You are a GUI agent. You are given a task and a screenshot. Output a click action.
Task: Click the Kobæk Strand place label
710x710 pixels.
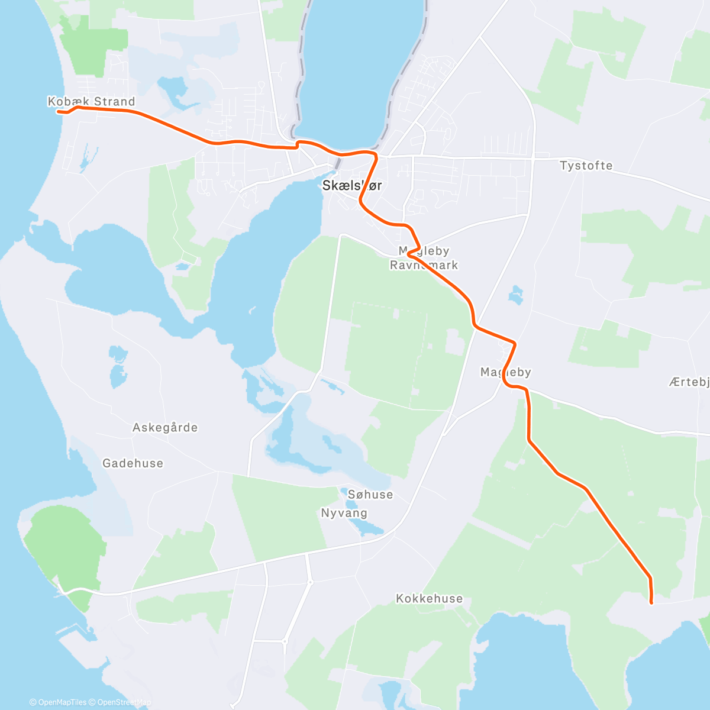(91, 102)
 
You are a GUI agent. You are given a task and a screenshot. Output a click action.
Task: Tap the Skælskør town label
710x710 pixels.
(351, 186)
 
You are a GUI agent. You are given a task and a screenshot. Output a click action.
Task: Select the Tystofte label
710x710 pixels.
(586, 166)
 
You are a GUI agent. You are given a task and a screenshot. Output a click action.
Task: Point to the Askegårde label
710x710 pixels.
(164, 428)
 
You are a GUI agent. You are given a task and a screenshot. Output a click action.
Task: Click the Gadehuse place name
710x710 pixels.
(133, 463)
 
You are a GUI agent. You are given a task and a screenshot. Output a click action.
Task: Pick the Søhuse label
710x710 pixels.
(370, 495)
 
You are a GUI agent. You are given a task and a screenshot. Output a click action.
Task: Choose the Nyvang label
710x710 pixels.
(344, 513)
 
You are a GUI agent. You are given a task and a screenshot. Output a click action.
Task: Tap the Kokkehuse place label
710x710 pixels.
(429, 599)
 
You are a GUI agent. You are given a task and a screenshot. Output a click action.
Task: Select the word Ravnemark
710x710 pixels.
(424, 266)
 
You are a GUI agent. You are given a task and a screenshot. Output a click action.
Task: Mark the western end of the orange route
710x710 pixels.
(58, 111)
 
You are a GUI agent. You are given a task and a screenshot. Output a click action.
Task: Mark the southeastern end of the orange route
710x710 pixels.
(651, 603)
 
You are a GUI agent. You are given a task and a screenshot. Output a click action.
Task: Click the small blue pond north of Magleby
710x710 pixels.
(516, 294)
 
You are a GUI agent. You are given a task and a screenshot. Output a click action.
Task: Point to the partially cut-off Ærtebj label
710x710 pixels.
(689, 382)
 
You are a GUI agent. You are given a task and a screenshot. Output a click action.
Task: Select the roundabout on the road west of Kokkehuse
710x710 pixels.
(310, 582)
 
